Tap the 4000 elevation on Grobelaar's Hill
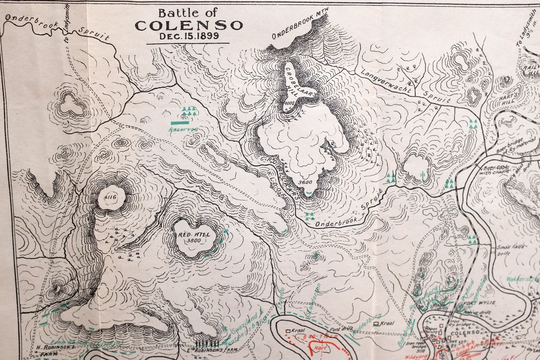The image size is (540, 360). (290, 103)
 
